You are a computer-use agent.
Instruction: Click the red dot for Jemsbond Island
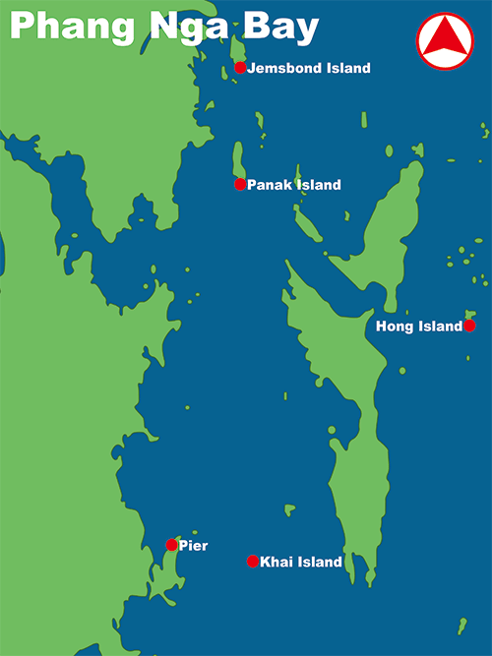pyautogui.click(x=240, y=68)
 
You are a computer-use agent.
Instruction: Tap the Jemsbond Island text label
pyautogui.click(x=309, y=69)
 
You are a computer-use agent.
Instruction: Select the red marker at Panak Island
pyautogui.click(x=240, y=184)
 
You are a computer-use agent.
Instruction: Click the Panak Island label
pyautogui.click(x=294, y=185)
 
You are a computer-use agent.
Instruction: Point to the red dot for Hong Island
pyautogui.click(x=469, y=326)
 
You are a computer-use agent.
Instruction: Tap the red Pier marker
pyautogui.click(x=172, y=545)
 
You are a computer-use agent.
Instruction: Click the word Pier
pyautogui.click(x=194, y=546)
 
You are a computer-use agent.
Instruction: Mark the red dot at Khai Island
pyautogui.click(x=253, y=562)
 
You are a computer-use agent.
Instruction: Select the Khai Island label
pyautogui.click(x=301, y=563)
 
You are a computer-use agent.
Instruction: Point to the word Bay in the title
pyautogui.click(x=283, y=27)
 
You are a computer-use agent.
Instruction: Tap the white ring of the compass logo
pyautogui.click(x=445, y=14)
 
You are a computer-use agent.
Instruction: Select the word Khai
pyautogui.click(x=277, y=563)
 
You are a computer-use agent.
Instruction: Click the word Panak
pyautogui.click(x=269, y=185)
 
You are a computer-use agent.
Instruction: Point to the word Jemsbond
pyautogui.click(x=283, y=69)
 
